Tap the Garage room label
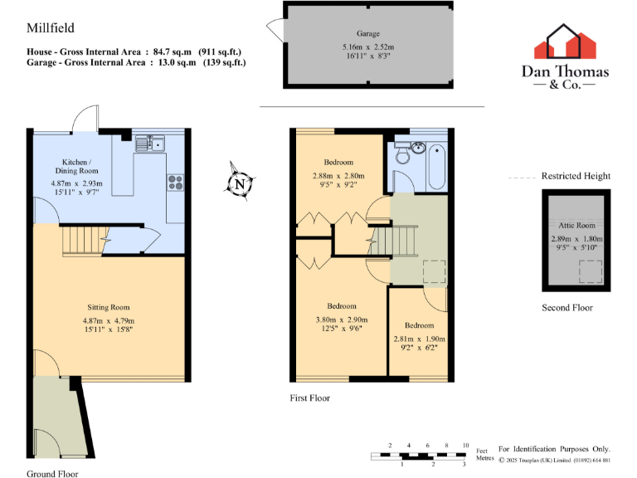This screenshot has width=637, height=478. (x=368, y=34)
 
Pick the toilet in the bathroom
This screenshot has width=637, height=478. (x=401, y=153)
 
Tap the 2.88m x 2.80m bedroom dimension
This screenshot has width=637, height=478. (x=333, y=176)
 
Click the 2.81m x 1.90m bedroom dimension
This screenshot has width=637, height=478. (x=419, y=339)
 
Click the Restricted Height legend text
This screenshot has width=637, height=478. (x=576, y=176)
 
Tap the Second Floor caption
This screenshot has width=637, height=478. (x=566, y=308)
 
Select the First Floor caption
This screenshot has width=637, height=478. (x=309, y=398)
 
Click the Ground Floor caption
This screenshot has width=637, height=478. (x=52, y=474)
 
